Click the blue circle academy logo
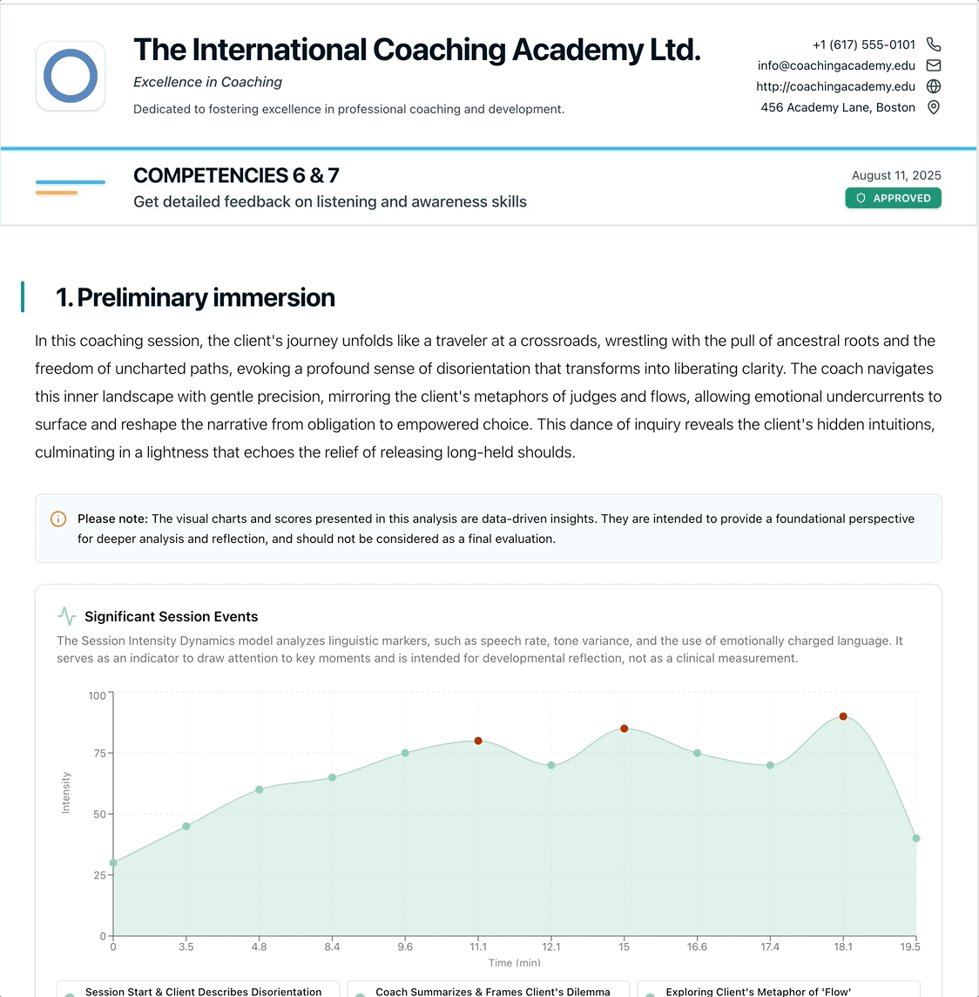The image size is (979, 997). [x=71, y=76]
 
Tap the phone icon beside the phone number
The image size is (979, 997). [x=934, y=44]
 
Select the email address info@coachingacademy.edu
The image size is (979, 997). [x=836, y=65]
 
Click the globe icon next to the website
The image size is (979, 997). [x=934, y=86]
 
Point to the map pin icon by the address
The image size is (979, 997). [x=934, y=107]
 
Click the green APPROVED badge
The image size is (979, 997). [x=893, y=198]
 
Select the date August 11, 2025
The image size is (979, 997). [x=896, y=175]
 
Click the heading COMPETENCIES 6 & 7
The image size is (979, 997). [x=236, y=176]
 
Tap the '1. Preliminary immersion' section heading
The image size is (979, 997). [x=195, y=297]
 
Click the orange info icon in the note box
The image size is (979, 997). [x=58, y=519]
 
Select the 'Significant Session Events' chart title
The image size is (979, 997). [x=171, y=617]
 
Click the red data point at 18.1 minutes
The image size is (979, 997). [x=843, y=716]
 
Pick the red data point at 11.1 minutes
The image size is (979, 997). [x=478, y=741]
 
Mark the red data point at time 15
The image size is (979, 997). [x=625, y=729]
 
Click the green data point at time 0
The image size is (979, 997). [x=113, y=863]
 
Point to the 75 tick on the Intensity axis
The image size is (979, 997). [x=100, y=753]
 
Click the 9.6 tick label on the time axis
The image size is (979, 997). [x=405, y=946]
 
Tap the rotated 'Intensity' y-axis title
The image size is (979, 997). [x=66, y=793]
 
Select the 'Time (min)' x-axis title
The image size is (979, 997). [x=514, y=963]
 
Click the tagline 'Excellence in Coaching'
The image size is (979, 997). [x=207, y=82]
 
